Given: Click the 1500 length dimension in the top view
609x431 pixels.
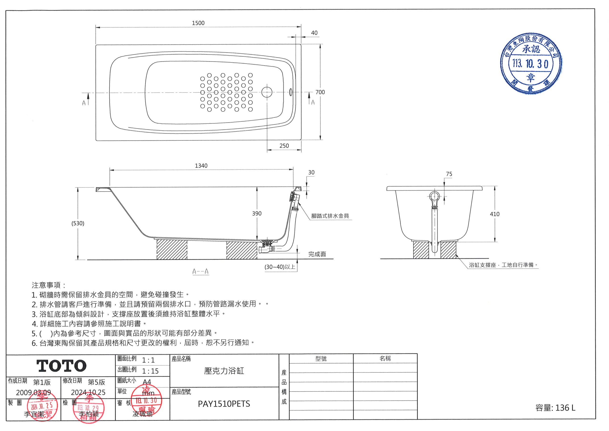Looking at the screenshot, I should pyautogui.click(x=198, y=23).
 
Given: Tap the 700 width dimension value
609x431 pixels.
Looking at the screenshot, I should pyautogui.click(x=320, y=92).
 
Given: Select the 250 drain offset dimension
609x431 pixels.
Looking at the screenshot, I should pyautogui.click(x=284, y=146).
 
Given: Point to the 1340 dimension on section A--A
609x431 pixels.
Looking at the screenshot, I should pyautogui.click(x=201, y=166).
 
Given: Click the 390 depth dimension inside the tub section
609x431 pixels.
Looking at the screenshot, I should pyautogui.click(x=257, y=214).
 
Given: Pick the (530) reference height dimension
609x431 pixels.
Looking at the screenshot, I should pyautogui.click(x=78, y=223).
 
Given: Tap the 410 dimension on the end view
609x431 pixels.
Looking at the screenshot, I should pyautogui.click(x=494, y=214).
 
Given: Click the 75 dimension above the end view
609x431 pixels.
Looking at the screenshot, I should pyautogui.click(x=449, y=174).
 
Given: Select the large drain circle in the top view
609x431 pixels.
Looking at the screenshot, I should pyautogui.click(x=267, y=92).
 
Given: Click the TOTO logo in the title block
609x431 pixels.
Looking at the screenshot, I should pyautogui.click(x=61, y=366).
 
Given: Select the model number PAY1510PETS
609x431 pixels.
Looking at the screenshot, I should pyautogui.click(x=224, y=404).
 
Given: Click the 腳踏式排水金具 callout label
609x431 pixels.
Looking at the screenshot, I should pyautogui.click(x=330, y=216).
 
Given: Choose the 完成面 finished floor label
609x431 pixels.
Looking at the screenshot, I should pyautogui.click(x=317, y=254).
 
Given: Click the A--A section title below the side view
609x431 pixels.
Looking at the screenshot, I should pyautogui.click(x=201, y=272).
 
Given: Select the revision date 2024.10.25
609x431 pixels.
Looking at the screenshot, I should pyautogui.click(x=88, y=392).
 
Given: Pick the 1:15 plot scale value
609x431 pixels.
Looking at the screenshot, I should pyautogui.click(x=150, y=371).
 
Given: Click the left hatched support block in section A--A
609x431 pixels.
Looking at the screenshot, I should pyautogui.click(x=172, y=249).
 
